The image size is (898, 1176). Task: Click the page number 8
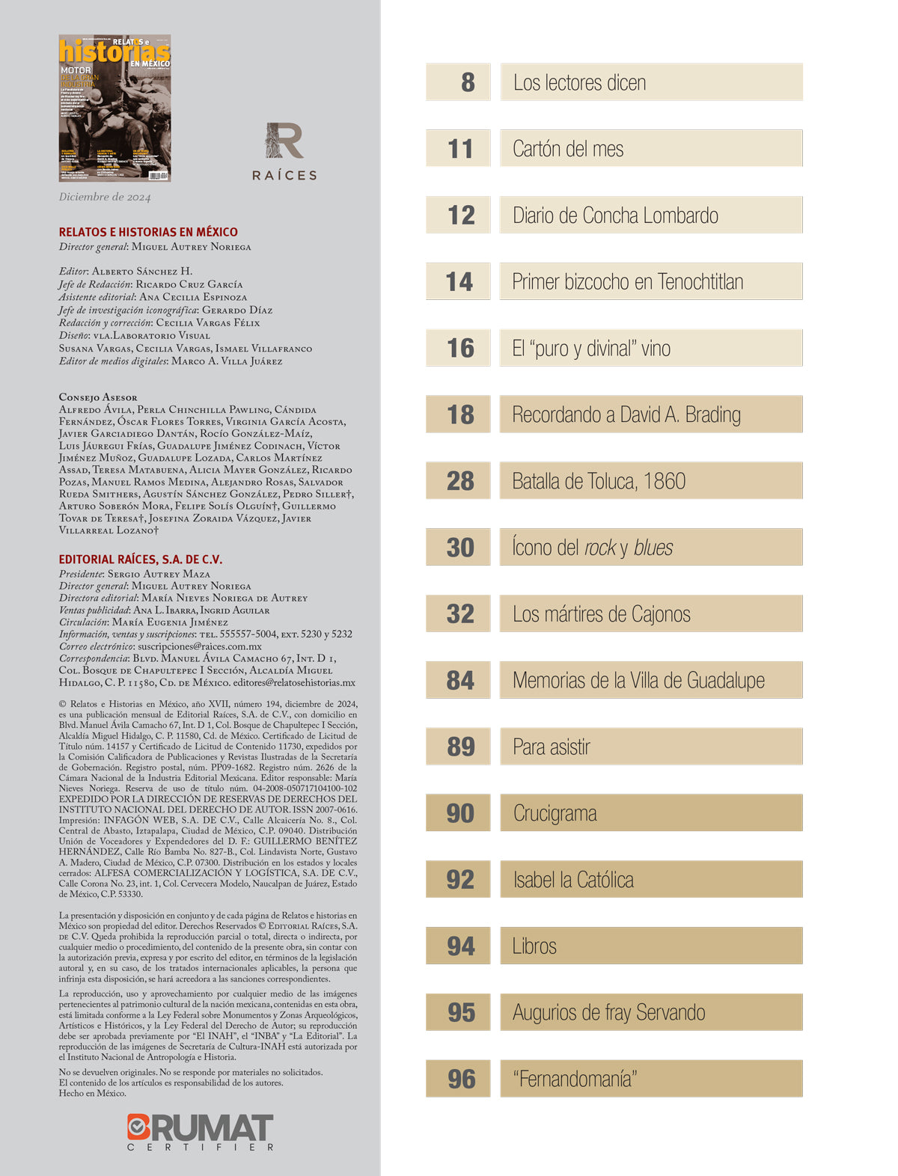pyautogui.click(x=468, y=82)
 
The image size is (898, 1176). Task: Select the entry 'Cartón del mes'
pyautogui.click(x=568, y=149)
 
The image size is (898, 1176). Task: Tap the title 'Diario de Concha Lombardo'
pyautogui.click(x=615, y=215)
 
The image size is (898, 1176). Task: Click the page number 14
pyautogui.click(x=459, y=282)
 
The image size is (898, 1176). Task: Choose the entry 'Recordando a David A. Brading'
pyautogui.click(x=626, y=414)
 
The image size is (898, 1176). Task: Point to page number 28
pyautogui.click(x=460, y=481)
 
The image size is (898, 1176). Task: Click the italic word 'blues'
pyautogui.click(x=653, y=548)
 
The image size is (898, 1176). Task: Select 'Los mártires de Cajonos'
pyautogui.click(x=602, y=614)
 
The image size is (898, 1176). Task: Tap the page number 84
pyautogui.click(x=460, y=681)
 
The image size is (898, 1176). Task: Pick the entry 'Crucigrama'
pyautogui.click(x=555, y=813)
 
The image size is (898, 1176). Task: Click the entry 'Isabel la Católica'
pyautogui.click(x=573, y=880)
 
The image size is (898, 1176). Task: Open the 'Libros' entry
pyautogui.click(x=534, y=946)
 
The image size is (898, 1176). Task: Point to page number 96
pyautogui.click(x=461, y=1079)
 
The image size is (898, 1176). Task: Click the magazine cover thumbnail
pyautogui.click(x=114, y=108)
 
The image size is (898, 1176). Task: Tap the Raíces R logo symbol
pyautogui.click(x=284, y=141)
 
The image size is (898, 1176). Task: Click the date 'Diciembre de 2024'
pyautogui.click(x=105, y=197)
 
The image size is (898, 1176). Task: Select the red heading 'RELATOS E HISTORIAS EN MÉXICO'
pyautogui.click(x=148, y=232)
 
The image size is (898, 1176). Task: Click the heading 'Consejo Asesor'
pyautogui.click(x=98, y=397)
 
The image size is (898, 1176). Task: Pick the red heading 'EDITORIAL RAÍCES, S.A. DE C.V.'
pyautogui.click(x=141, y=560)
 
